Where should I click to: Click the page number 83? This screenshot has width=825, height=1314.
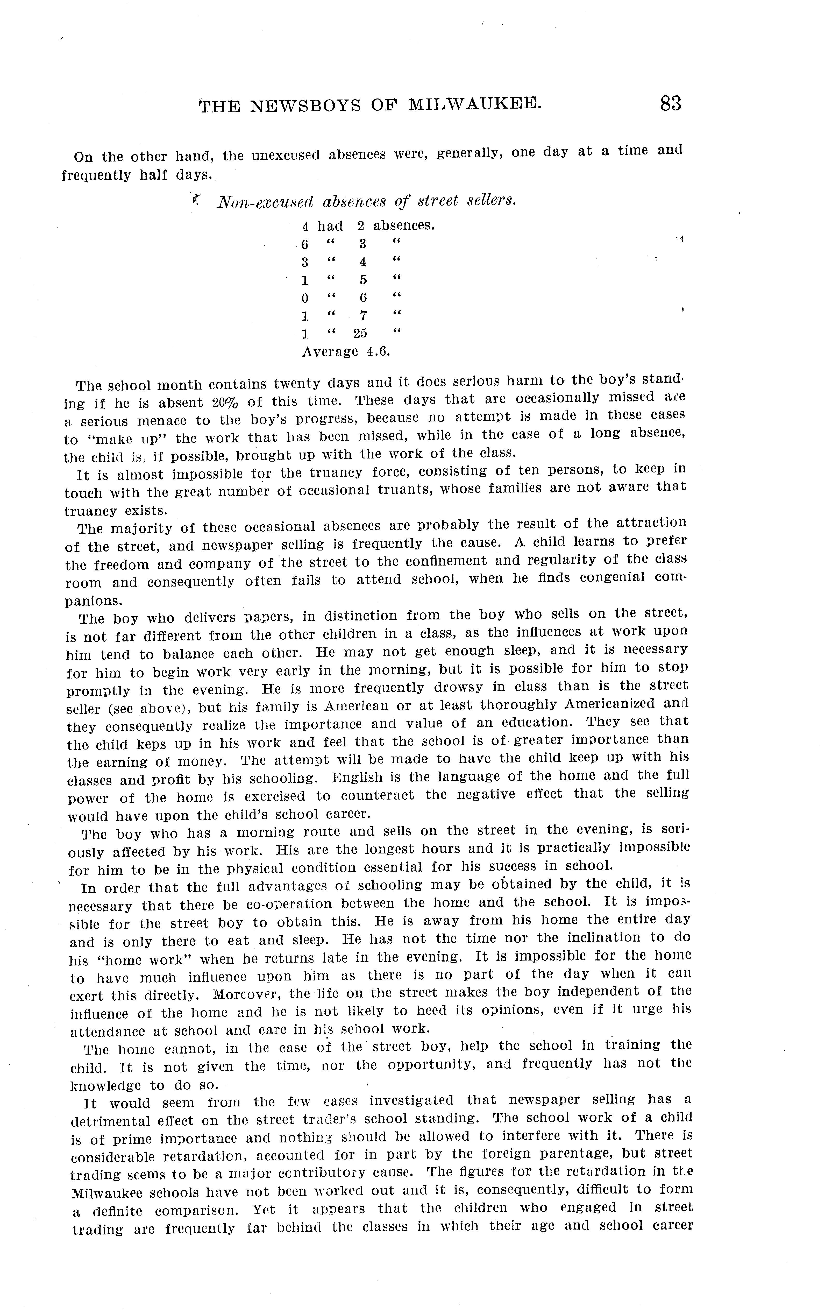[x=671, y=103]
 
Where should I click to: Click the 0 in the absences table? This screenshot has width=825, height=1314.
[x=305, y=298]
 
